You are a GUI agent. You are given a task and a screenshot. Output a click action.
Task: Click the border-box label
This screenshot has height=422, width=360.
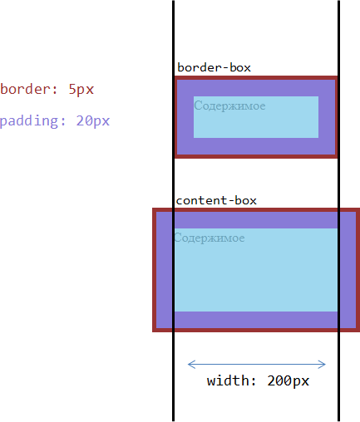tap(214, 67)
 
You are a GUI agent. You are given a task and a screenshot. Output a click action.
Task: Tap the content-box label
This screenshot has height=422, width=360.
tap(216, 200)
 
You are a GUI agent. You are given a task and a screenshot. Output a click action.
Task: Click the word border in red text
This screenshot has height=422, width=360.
tap(26, 89)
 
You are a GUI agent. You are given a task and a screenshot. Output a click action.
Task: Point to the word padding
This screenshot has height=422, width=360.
tap(29, 121)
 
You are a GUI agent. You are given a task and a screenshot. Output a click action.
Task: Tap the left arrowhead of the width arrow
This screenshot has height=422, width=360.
tap(191, 365)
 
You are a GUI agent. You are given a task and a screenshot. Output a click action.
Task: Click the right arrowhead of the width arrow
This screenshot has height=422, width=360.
tap(322, 365)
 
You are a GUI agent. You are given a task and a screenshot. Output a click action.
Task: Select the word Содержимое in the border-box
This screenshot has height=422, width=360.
tap(229, 106)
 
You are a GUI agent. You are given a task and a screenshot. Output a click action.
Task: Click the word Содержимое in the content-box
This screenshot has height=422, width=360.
tap(210, 238)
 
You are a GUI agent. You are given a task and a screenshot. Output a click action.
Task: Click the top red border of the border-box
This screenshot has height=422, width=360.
tap(256, 78)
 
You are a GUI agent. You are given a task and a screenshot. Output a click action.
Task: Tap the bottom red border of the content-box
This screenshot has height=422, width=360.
tap(256, 330)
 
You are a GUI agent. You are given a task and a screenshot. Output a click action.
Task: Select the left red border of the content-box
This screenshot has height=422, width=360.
tap(155, 270)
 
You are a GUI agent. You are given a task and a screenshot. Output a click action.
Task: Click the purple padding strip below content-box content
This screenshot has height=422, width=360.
tap(256, 320)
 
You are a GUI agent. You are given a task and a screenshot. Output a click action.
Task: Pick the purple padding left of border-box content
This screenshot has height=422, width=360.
tap(185, 117)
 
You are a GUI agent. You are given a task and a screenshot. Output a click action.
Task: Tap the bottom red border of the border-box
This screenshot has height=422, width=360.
tap(256, 156)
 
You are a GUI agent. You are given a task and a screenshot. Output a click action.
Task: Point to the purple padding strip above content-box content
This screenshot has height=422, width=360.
tap(256, 220)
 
